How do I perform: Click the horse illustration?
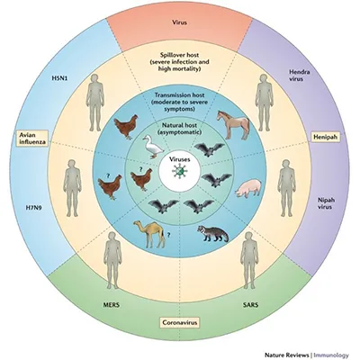[234, 124]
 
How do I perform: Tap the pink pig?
[248, 189]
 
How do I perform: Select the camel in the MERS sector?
[149, 234]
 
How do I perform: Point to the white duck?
[152, 147]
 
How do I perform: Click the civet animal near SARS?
[212, 234]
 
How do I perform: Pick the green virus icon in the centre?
[179, 172]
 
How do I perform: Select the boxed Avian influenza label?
[32, 138]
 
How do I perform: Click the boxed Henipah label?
[326, 137]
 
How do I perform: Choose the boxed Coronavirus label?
[180, 322]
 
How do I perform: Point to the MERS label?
[111, 305]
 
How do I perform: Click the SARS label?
[250, 305]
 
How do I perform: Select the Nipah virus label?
[326, 203]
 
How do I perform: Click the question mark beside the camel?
[168, 236]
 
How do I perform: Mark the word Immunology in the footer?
[331, 355]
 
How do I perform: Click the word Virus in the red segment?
[180, 22]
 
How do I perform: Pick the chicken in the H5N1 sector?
[126, 126]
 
